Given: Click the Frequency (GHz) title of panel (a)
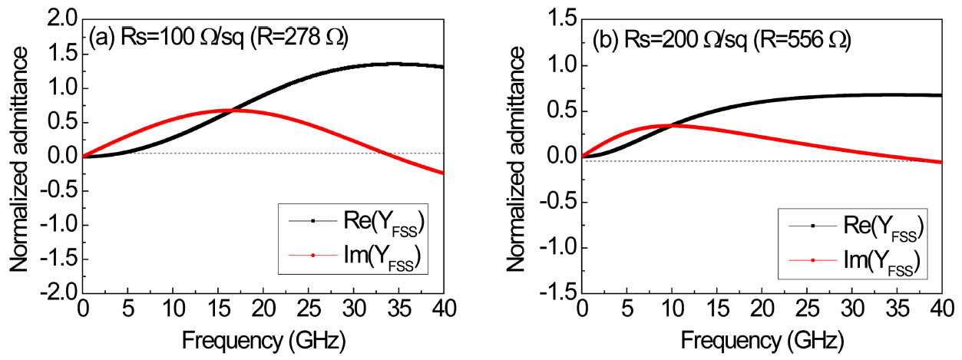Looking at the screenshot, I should pyautogui.click(x=263, y=339).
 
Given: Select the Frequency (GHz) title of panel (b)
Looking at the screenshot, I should pyautogui.click(x=762, y=339).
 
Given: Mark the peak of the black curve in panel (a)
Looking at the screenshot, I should pyautogui.click(x=394, y=64).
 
